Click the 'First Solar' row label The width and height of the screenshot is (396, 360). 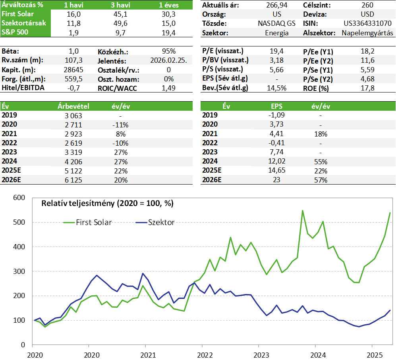[x=17, y=14]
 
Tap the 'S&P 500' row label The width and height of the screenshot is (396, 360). [x=15, y=32]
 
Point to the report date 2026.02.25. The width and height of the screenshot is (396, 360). [x=169, y=60]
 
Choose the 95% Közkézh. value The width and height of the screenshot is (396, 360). [x=169, y=51]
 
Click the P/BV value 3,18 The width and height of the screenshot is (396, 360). [x=276, y=60]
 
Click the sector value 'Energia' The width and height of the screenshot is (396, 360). [x=276, y=33]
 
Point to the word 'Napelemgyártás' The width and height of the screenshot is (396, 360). [x=367, y=33]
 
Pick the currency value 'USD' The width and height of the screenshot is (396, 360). [x=367, y=14]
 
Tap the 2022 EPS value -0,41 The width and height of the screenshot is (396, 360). [x=276, y=142]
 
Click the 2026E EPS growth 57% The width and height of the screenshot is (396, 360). [x=320, y=180]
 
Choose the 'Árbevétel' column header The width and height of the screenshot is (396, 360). [x=73, y=106]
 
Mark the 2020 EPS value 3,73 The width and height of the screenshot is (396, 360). [x=276, y=124]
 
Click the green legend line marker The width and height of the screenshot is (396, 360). [x=69, y=222]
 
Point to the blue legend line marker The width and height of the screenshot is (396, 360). [x=141, y=222]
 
